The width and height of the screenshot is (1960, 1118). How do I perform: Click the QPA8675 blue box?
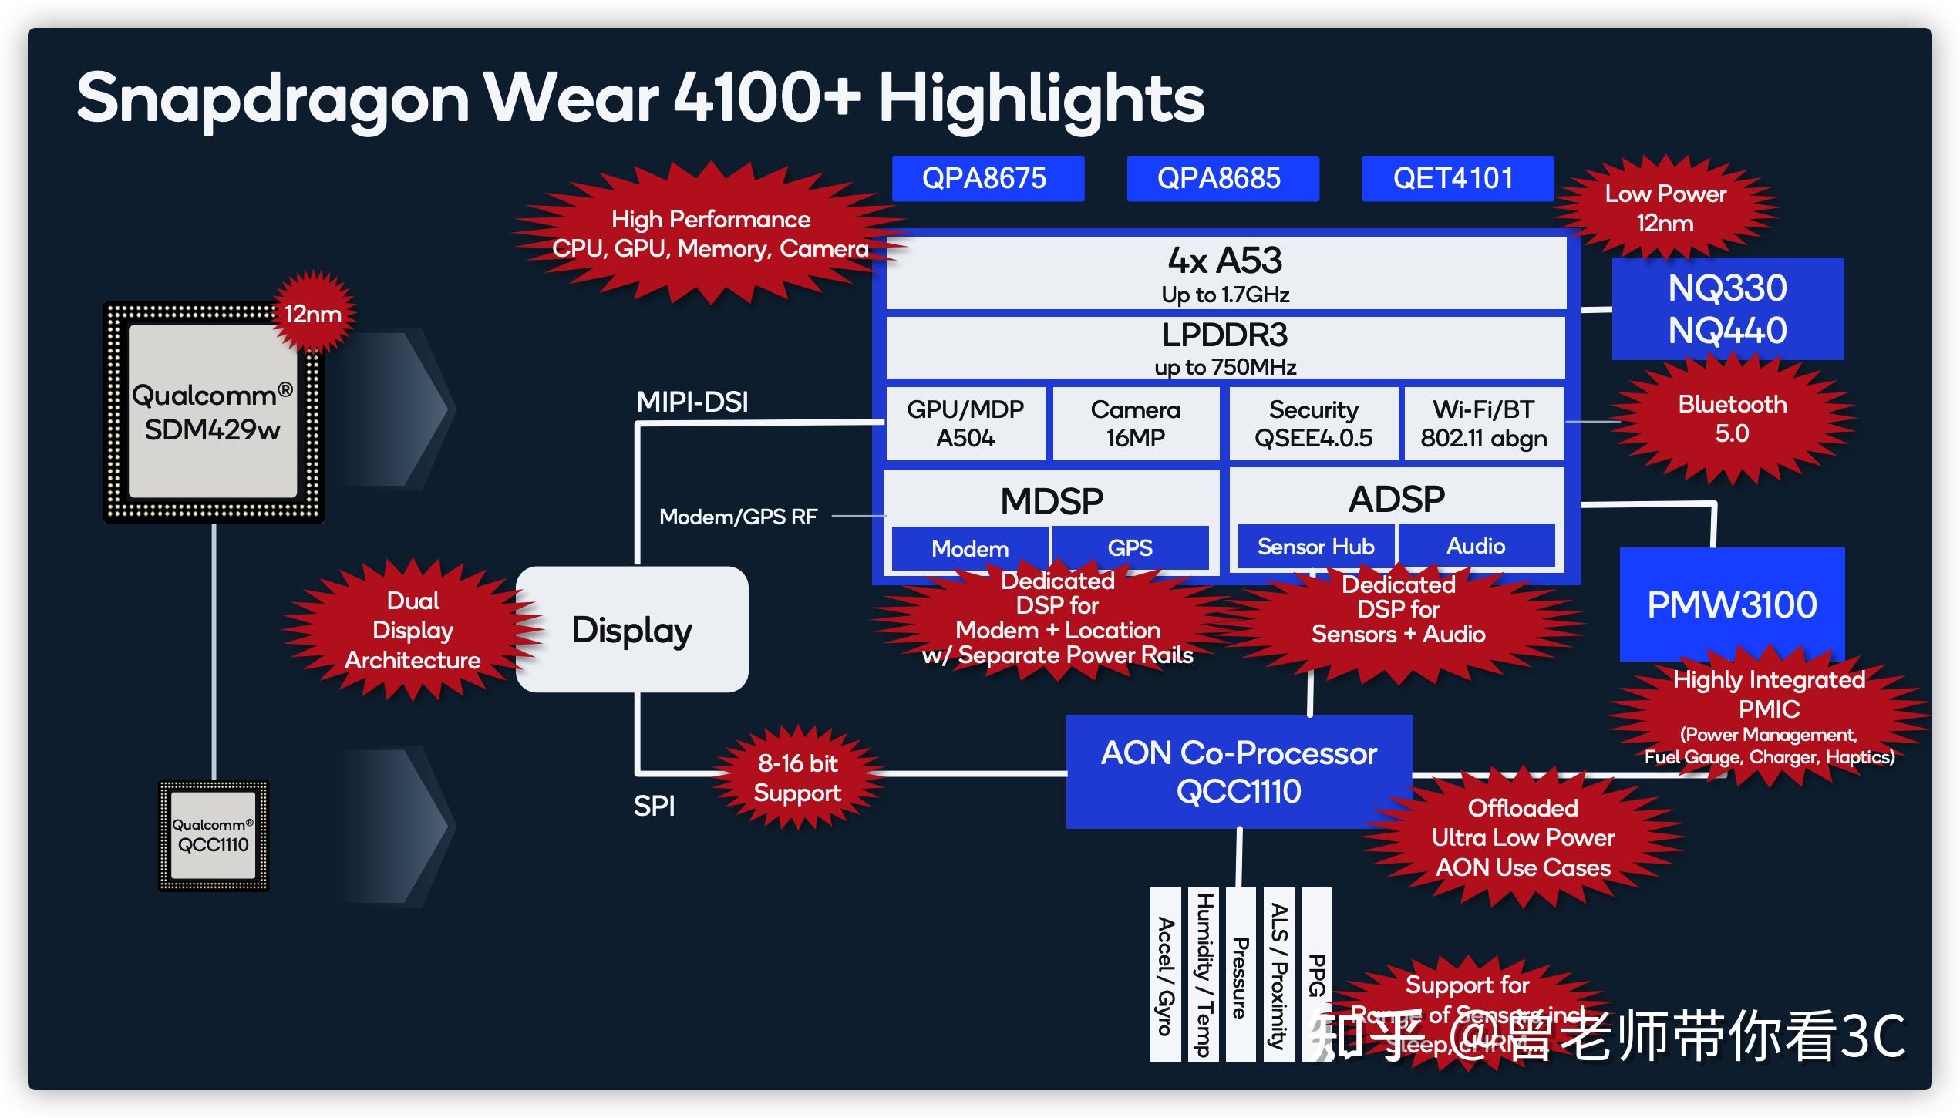[x=987, y=179]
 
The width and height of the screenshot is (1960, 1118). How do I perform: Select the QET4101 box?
[x=1457, y=179]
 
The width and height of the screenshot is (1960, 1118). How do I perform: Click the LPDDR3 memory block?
[x=1225, y=347]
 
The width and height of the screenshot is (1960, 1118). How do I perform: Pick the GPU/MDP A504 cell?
[x=965, y=423]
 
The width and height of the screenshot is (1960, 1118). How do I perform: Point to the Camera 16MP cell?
[x=1135, y=423]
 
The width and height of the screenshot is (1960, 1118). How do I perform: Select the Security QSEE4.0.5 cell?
[x=1313, y=423]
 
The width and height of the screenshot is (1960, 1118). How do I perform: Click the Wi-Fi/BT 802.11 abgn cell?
[x=1483, y=423]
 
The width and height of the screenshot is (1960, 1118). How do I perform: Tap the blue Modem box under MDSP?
[x=969, y=548]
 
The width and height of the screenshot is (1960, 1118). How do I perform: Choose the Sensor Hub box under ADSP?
[x=1315, y=546]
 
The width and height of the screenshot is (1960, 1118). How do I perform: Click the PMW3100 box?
[x=1732, y=604]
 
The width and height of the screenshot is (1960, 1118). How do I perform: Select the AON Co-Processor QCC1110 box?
[x=1238, y=772]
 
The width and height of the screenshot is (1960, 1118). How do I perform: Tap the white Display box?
[x=631, y=629]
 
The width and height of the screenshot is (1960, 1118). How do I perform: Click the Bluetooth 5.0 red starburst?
[x=1732, y=419]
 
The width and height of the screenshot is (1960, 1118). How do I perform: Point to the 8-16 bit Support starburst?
[x=797, y=778]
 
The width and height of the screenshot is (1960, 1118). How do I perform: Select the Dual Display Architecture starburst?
[x=413, y=630]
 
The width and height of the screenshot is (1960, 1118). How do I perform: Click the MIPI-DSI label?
[x=692, y=402]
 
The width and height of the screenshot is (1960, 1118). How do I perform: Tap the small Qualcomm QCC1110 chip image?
[x=213, y=836]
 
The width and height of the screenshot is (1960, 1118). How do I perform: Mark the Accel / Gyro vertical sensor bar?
[x=1165, y=975]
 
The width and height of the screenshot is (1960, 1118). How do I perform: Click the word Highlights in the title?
[x=1041, y=99]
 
